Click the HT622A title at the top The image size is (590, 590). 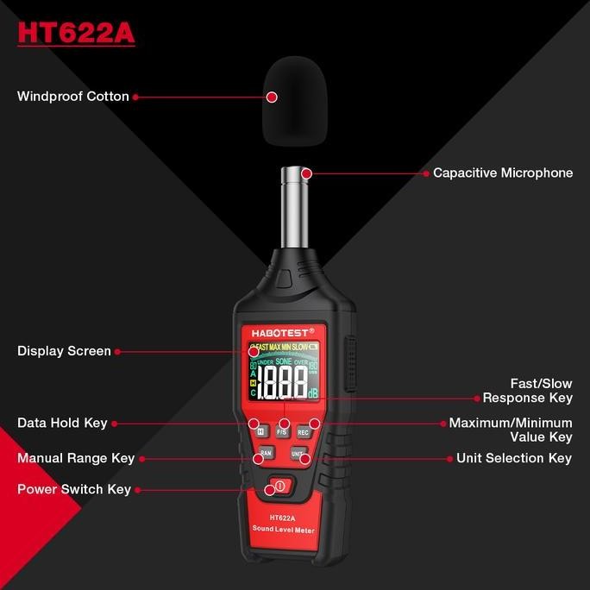click(76, 34)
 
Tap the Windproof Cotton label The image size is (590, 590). click(73, 97)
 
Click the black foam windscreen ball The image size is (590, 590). click(296, 100)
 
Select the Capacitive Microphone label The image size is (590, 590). click(503, 173)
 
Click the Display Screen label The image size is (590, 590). click(64, 351)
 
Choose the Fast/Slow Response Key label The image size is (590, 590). click(527, 391)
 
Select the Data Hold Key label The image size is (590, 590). click(62, 423)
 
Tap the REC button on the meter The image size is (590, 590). click(304, 430)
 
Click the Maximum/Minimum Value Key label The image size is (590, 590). click(511, 430)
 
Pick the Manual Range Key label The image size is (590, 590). click(76, 458)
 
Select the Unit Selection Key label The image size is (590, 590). click(514, 458)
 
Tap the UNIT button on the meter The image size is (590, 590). click(298, 453)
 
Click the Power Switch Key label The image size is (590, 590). click(74, 489)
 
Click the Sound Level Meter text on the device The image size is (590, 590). click(282, 528)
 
